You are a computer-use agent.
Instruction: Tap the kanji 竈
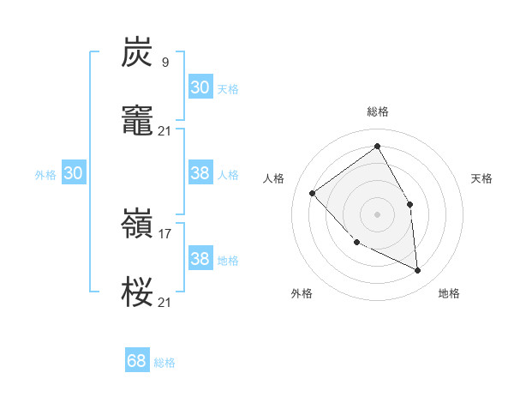[x=138, y=120]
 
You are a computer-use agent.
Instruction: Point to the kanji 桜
[x=138, y=292]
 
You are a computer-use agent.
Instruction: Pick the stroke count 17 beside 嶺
[x=165, y=232]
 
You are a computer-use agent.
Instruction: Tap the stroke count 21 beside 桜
[x=165, y=302]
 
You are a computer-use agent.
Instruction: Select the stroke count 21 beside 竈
[x=165, y=130]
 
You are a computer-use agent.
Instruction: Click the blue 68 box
[x=137, y=361]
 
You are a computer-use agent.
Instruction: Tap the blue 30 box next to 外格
[x=74, y=173]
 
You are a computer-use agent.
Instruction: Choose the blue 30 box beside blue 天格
[x=200, y=87]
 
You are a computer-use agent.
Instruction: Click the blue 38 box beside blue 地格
[x=200, y=259]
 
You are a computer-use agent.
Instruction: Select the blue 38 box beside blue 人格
[x=200, y=173]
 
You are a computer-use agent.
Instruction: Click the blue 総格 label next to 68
[x=164, y=363]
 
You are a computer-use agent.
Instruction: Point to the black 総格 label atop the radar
[x=378, y=111]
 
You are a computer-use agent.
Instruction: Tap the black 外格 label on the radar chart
[x=302, y=293]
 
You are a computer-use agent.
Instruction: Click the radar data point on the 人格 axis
[x=313, y=193]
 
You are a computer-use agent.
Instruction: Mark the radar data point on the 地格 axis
[x=417, y=270]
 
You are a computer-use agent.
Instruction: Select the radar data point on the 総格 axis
[x=378, y=146]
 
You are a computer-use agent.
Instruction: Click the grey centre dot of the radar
[x=378, y=214]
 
